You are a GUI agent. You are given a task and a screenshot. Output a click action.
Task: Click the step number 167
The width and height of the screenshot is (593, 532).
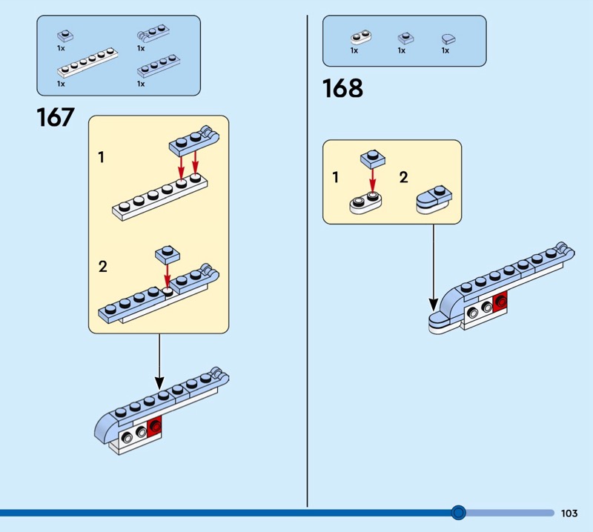[56, 117]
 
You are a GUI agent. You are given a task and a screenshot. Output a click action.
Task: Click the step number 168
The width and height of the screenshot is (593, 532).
[342, 89]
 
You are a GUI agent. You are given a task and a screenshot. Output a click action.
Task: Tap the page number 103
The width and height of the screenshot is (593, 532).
[569, 513]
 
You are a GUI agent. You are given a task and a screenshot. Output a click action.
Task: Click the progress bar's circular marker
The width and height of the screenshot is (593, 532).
[459, 513]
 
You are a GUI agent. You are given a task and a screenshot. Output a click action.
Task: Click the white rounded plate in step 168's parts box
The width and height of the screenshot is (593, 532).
[360, 36]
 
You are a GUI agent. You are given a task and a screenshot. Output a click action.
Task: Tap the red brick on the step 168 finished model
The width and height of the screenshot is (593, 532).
[500, 302]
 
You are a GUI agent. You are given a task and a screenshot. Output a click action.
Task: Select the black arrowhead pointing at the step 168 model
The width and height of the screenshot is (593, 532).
[434, 305]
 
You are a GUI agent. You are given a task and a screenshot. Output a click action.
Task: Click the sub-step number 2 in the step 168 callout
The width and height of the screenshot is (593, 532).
[404, 177]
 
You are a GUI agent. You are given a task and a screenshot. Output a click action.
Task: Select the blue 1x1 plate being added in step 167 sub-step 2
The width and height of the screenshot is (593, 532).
[168, 255]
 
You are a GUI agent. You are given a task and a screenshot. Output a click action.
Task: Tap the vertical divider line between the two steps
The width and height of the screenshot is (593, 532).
[308, 259]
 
